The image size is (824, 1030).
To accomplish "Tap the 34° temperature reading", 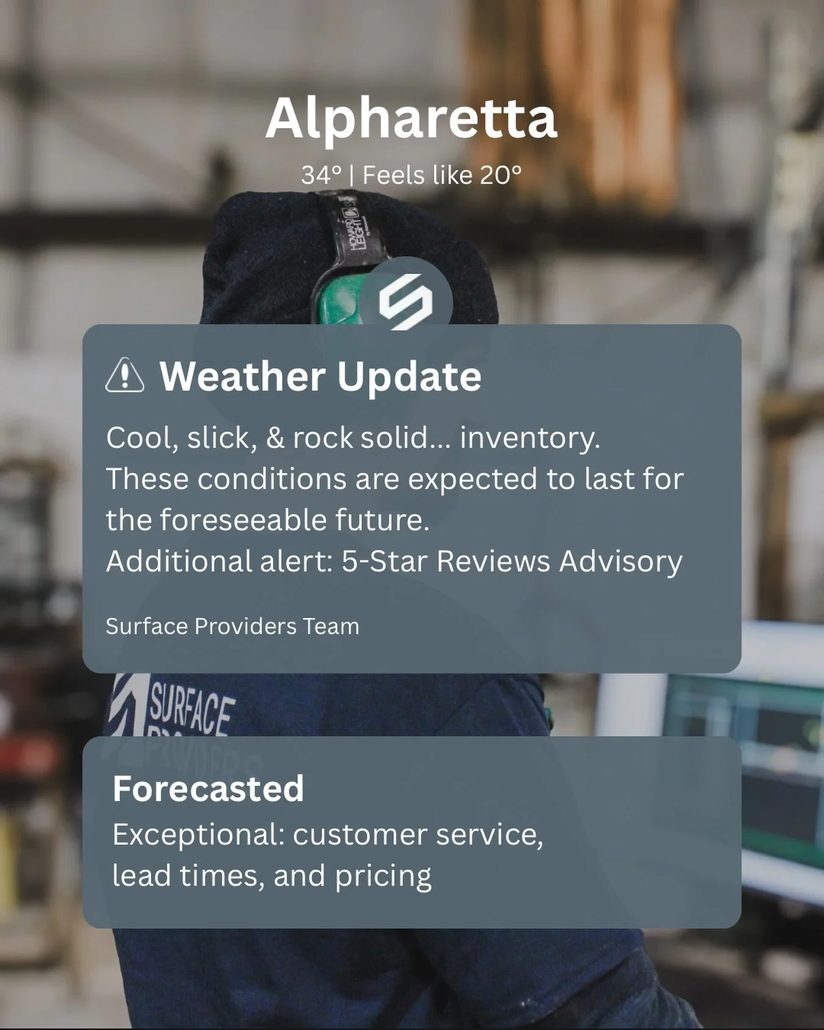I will pyautogui.click(x=321, y=176).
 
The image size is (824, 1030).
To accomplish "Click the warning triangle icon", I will pyautogui.click(x=125, y=375).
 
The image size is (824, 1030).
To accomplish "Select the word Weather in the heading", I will pyautogui.click(x=242, y=376).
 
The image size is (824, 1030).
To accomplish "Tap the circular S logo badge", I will pyautogui.click(x=406, y=300).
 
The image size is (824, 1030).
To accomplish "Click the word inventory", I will pyautogui.click(x=530, y=438).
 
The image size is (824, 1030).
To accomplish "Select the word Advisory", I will pyautogui.click(x=621, y=561).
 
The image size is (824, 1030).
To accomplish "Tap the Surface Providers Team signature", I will pyautogui.click(x=232, y=627).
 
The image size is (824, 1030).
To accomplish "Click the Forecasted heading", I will pyautogui.click(x=208, y=788).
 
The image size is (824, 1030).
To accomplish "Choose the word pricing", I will pyautogui.click(x=383, y=876).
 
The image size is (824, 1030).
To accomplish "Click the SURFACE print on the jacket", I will pyautogui.click(x=191, y=708).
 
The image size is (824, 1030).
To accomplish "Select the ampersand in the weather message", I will pyautogui.click(x=275, y=438).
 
